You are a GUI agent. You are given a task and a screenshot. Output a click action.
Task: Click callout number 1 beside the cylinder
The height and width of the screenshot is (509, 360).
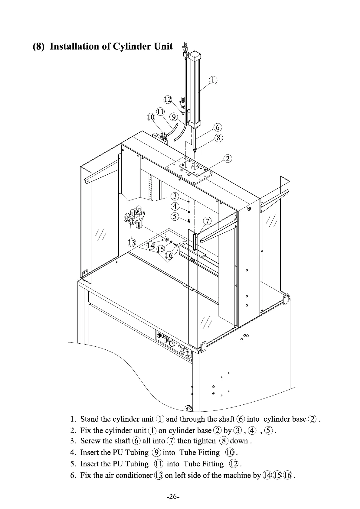(213, 80)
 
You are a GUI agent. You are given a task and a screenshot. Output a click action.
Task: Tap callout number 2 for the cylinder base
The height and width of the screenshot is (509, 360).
(228, 158)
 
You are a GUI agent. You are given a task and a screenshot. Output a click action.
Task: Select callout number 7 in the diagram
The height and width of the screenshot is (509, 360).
(207, 221)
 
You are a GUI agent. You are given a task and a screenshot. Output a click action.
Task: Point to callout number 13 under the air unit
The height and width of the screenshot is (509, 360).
(132, 242)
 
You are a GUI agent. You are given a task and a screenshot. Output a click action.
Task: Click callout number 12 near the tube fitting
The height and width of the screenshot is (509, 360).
(168, 99)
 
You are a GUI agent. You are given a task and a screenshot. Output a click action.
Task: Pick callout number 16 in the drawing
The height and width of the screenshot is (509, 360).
(169, 255)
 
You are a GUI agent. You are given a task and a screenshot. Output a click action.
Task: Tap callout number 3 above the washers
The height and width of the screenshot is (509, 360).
(175, 196)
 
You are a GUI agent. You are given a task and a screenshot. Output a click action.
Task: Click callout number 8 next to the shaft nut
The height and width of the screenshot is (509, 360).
(218, 138)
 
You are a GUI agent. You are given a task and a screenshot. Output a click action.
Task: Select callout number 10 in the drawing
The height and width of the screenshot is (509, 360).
(151, 117)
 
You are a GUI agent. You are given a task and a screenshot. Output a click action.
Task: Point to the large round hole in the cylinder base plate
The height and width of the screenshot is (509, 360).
(195, 167)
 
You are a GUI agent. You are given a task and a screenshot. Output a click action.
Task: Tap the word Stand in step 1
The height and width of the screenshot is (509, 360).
(90, 419)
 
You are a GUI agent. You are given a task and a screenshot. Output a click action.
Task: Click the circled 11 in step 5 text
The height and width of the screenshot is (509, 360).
(159, 464)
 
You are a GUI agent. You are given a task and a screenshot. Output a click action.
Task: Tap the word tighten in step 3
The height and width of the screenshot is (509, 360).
(205, 441)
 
